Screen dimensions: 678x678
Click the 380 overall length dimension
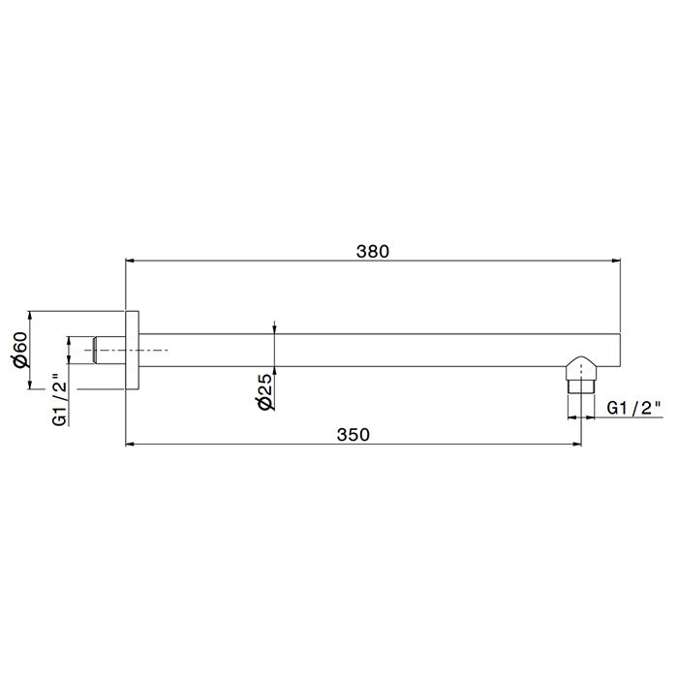click(372, 251)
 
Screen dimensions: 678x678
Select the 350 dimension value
click(354, 435)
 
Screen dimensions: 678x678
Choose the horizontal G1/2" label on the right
click(632, 408)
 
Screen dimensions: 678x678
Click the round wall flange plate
click(133, 350)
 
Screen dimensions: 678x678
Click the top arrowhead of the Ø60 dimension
click(31, 316)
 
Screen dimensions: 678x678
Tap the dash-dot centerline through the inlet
click(155, 350)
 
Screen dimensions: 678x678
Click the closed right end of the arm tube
click(618, 350)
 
